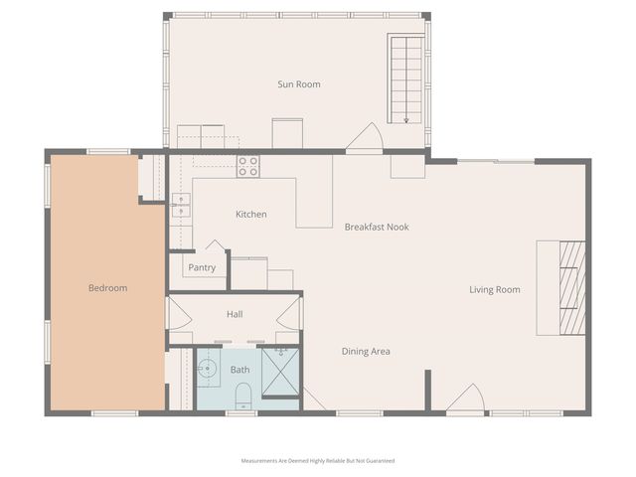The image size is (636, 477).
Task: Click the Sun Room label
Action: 298,84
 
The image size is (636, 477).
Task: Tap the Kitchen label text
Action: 250,215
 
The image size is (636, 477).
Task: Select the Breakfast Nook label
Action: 377,227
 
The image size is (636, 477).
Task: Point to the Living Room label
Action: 495,290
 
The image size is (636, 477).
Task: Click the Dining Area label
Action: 366,351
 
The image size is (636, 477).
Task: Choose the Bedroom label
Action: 107,288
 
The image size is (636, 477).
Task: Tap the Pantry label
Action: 202,267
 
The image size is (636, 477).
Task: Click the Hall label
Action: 235,314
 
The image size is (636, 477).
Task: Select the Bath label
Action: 240,370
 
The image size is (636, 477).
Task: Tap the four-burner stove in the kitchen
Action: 248,166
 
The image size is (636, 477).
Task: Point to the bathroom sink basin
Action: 208,370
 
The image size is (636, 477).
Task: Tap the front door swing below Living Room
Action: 465,399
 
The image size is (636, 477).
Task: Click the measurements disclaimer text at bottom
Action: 318,461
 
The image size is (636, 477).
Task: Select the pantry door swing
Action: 216,246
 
